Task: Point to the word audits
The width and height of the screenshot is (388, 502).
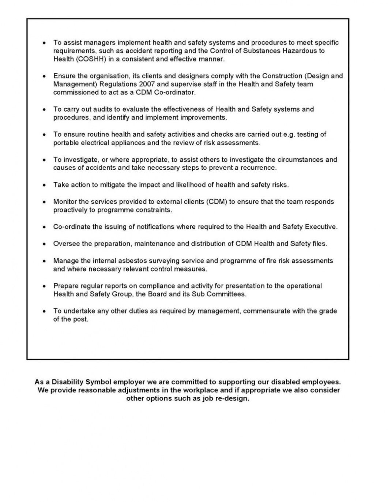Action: (106, 109)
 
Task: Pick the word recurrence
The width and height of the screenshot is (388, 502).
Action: (260, 168)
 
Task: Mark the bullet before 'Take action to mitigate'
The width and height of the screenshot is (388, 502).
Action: (44, 185)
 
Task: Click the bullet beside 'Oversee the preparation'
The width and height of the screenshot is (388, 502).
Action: (44, 244)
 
